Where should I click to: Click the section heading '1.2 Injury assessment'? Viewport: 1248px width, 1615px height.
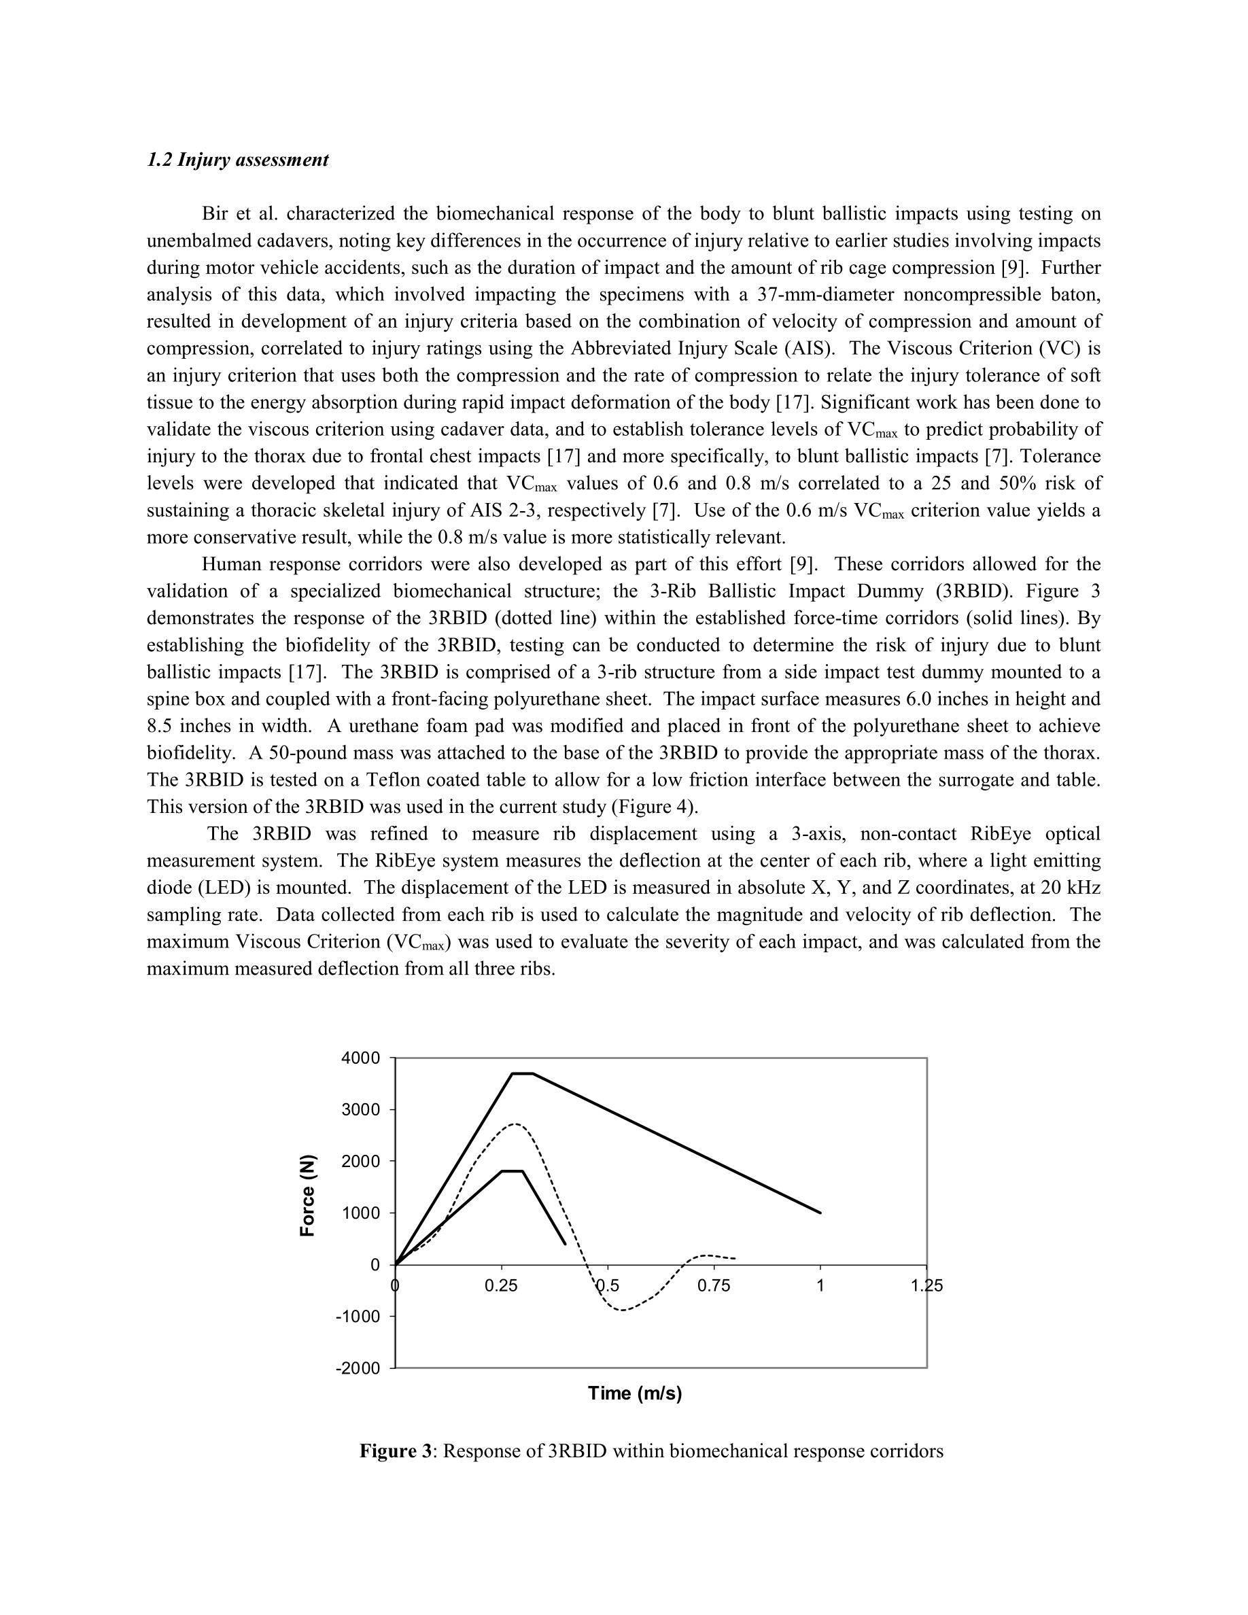237,160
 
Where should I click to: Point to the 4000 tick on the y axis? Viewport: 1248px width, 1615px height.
362,1058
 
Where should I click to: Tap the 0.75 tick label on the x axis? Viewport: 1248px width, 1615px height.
714,1286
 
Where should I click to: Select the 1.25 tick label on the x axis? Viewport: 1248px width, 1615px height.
926,1286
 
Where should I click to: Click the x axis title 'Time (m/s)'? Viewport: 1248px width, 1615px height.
634,1393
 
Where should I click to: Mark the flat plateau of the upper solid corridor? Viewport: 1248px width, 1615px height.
523,1074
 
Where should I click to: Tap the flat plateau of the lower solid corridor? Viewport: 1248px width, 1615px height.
513,1171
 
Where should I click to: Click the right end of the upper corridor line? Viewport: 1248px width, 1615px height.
820,1213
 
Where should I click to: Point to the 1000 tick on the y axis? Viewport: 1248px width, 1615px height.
362,1213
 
